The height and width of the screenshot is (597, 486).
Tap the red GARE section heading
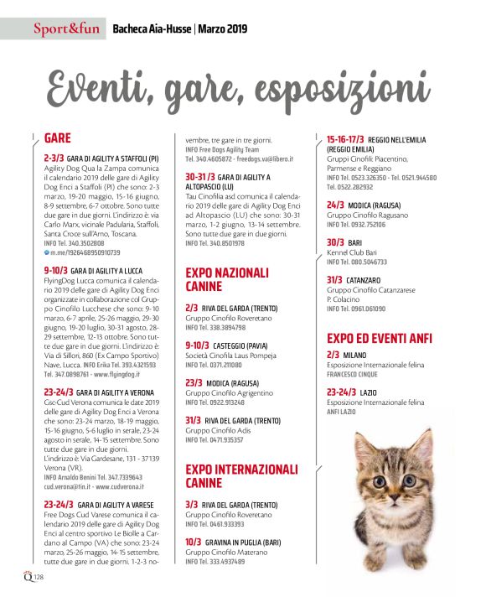tap(57, 138)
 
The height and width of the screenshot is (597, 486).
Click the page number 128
tap(39, 578)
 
